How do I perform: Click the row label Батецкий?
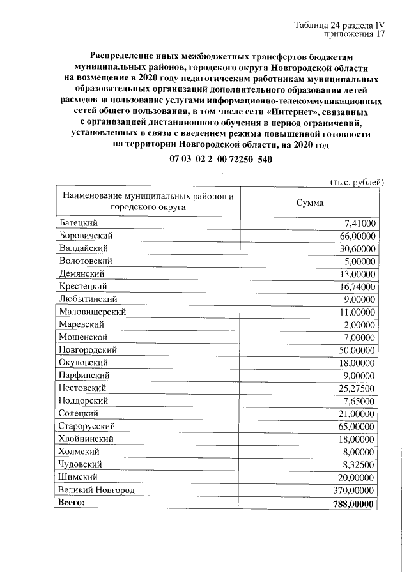click(78, 223)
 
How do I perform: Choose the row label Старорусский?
click(86, 426)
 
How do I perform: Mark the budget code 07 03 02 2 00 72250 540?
click(221, 159)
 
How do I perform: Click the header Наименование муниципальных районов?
click(146, 196)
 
